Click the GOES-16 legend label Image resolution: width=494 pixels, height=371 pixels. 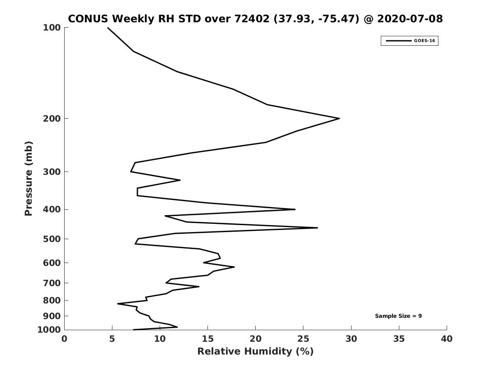[424, 41]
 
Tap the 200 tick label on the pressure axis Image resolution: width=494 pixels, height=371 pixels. [52, 118]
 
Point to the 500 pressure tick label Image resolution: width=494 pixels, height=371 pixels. [52, 239]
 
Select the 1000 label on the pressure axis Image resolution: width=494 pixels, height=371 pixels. [49, 330]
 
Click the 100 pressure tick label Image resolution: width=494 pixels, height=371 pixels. [52, 28]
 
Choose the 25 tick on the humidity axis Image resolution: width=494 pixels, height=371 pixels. [303, 339]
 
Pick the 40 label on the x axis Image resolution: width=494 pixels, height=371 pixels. [447, 339]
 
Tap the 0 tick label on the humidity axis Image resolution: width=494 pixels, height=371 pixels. [64, 339]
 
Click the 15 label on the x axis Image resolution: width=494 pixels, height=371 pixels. [207, 339]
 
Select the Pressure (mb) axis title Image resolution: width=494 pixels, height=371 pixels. [28, 178]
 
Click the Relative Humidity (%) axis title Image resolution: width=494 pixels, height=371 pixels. [256, 351]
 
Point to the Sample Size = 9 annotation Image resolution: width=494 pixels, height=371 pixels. [398, 316]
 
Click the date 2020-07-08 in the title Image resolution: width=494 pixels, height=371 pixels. [410, 19]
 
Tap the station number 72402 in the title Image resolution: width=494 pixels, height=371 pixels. [252, 19]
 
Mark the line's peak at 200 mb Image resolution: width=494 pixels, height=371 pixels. [339, 118]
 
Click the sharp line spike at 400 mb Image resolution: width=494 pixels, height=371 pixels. [295, 209]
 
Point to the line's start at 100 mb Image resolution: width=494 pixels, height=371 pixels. [108, 28]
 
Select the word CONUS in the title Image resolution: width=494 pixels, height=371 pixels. [88, 19]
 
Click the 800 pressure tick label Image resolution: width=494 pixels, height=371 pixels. [52, 300]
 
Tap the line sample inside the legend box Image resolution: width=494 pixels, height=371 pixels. [398, 41]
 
